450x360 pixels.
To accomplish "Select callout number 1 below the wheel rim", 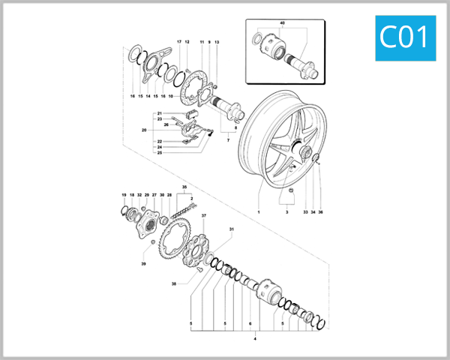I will (258, 212).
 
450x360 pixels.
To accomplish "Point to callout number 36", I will (320, 212).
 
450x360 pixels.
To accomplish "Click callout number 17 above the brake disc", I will (179, 41).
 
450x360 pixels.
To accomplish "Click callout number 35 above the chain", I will (183, 186).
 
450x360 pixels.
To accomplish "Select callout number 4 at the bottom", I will (255, 339).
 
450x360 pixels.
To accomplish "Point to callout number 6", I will (250, 325).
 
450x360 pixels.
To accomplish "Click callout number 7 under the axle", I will (227, 140).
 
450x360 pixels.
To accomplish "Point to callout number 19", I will (124, 195).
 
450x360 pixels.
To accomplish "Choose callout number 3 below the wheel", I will (285, 212).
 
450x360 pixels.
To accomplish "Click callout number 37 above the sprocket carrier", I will (203, 215).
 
